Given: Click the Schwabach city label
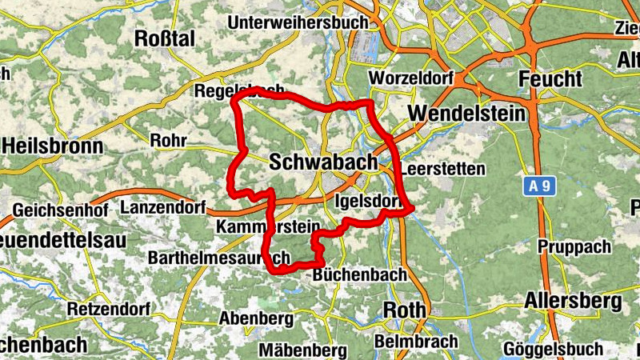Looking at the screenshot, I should coord(323,162).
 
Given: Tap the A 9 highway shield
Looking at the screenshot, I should coord(540,187).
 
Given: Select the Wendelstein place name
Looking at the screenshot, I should coord(466,114).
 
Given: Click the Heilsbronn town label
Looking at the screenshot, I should coord(53,146).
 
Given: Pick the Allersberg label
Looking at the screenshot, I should coord(573,302).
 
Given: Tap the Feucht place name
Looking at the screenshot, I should coord(550,79).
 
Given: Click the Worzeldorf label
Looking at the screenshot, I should coord(411,78).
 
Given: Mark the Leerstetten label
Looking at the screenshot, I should coord(442,170).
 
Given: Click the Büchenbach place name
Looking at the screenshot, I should coord(360,274).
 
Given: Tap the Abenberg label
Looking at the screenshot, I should coord(256,318).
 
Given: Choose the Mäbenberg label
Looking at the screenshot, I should coord(302,350).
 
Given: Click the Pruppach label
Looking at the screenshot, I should coord(574,247).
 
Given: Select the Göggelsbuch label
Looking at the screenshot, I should coord(554,349).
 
